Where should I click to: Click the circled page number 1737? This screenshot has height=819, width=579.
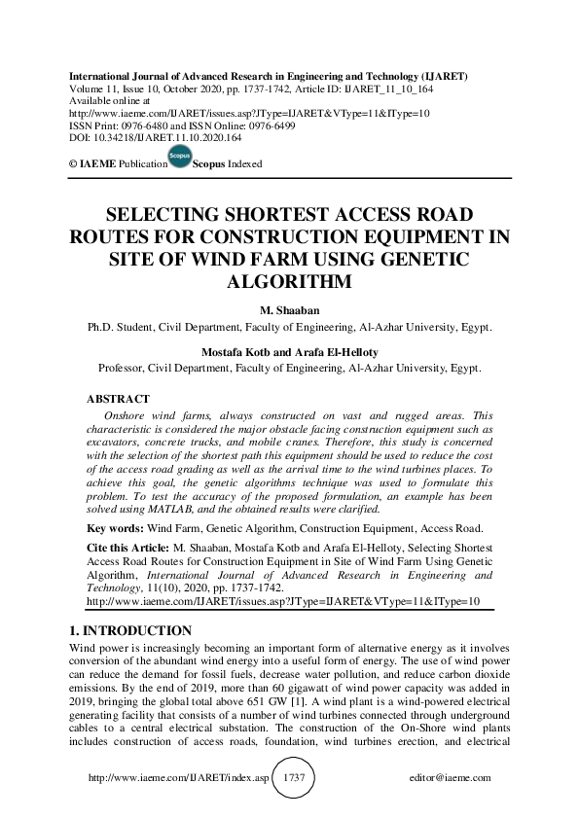click(293, 778)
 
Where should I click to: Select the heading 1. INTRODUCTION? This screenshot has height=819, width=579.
click(126, 630)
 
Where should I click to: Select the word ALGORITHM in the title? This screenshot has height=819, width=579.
click(289, 281)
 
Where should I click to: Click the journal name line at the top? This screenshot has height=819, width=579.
click(267, 76)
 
